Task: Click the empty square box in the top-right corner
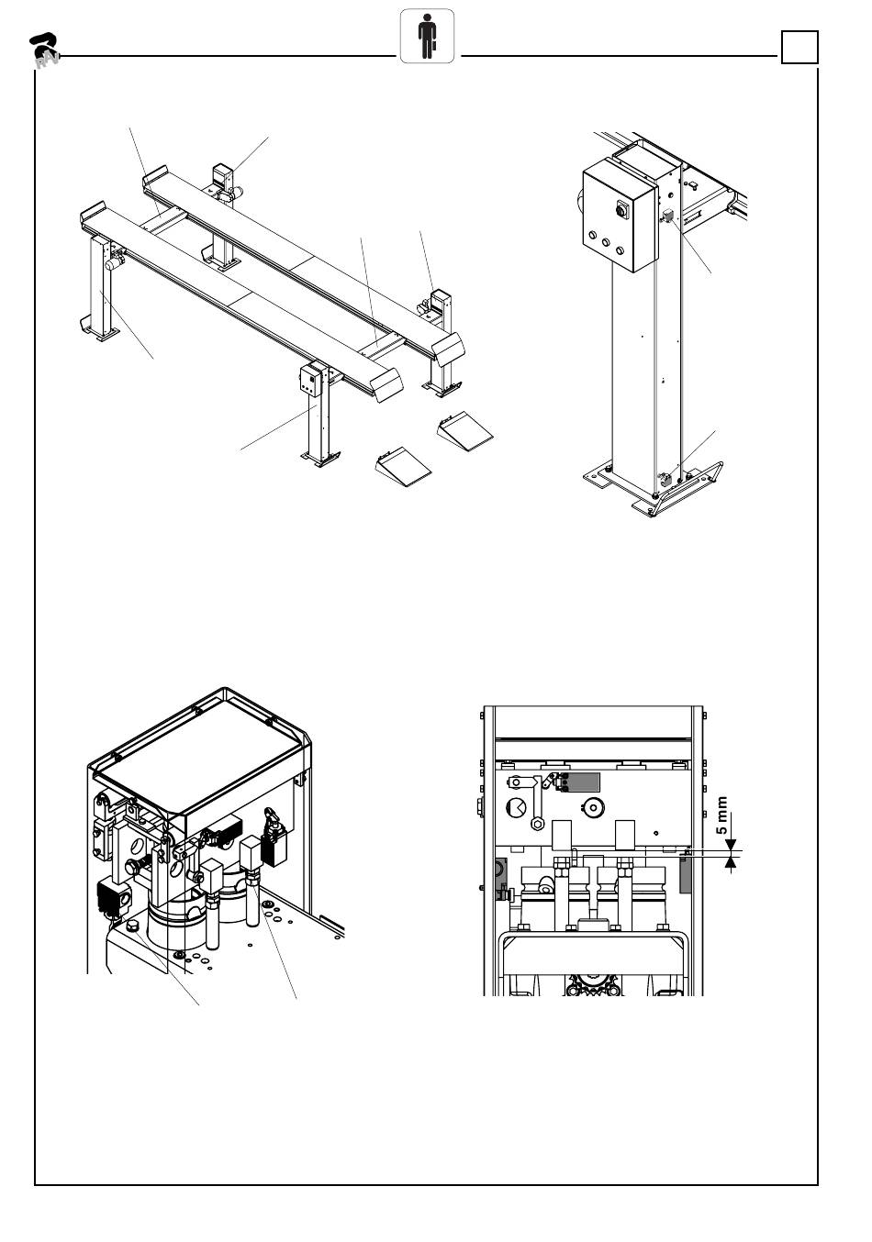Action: [x=799, y=48]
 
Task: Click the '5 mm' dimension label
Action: [x=722, y=815]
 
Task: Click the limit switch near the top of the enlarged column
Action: [x=667, y=217]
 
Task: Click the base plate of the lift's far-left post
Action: [x=98, y=331]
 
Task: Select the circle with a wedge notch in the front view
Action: [x=517, y=808]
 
